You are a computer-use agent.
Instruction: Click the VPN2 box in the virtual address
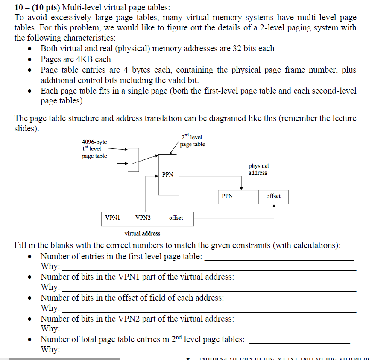click(x=143, y=218)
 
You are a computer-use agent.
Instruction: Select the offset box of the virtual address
click(x=176, y=218)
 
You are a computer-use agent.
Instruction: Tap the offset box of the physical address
click(x=273, y=196)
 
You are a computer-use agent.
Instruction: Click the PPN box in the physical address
click(x=237, y=196)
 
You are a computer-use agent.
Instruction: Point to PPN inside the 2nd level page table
click(x=168, y=174)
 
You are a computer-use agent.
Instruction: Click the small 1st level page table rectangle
click(x=133, y=159)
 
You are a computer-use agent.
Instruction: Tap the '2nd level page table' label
click(x=192, y=141)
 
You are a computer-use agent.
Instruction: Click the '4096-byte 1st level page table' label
click(x=94, y=148)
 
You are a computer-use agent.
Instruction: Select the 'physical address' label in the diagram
click(x=258, y=169)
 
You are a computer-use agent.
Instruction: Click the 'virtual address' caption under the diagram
click(x=142, y=233)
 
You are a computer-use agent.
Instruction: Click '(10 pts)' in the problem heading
click(x=44, y=7)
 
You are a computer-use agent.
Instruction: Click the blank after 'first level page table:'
click(x=279, y=257)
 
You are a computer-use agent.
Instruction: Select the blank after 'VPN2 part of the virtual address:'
click(x=295, y=319)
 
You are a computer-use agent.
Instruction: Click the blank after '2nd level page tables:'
click(x=299, y=340)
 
